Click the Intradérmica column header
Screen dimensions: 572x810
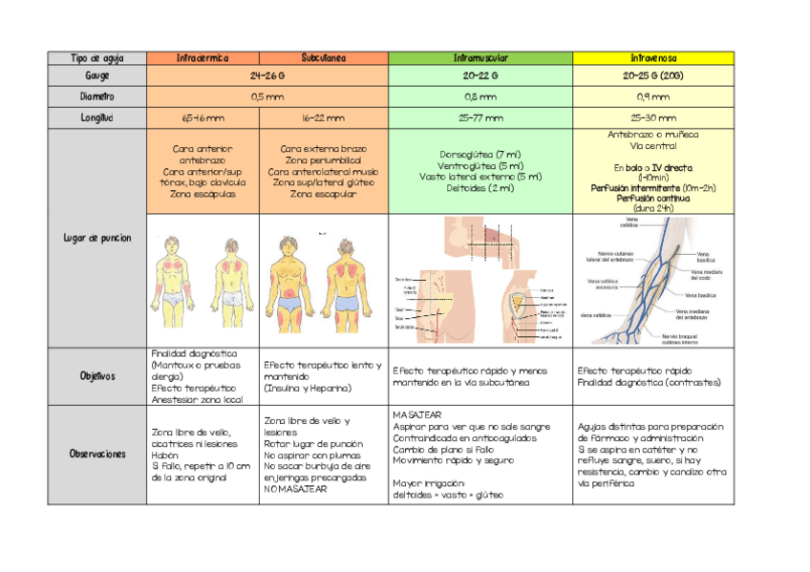[x=202, y=58]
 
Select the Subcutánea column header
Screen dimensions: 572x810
[x=324, y=58]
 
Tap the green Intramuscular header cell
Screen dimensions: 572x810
[x=480, y=58]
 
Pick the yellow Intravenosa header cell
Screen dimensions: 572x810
[x=653, y=58]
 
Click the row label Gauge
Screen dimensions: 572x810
[x=97, y=75]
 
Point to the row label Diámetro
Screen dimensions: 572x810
[x=97, y=96]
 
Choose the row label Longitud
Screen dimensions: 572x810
[x=97, y=118]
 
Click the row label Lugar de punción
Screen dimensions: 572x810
[x=97, y=238]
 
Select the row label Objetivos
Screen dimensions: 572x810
[x=97, y=376]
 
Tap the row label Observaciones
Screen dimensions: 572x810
[x=97, y=454]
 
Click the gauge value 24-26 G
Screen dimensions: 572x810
[x=267, y=75]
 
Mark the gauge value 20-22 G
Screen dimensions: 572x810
[x=480, y=75]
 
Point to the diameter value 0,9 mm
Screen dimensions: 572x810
[x=653, y=96]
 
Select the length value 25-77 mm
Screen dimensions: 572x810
[x=480, y=118]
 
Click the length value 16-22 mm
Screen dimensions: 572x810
[x=324, y=118]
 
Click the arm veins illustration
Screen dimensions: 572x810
[x=653, y=281]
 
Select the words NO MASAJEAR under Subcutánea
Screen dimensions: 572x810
[x=295, y=489]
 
